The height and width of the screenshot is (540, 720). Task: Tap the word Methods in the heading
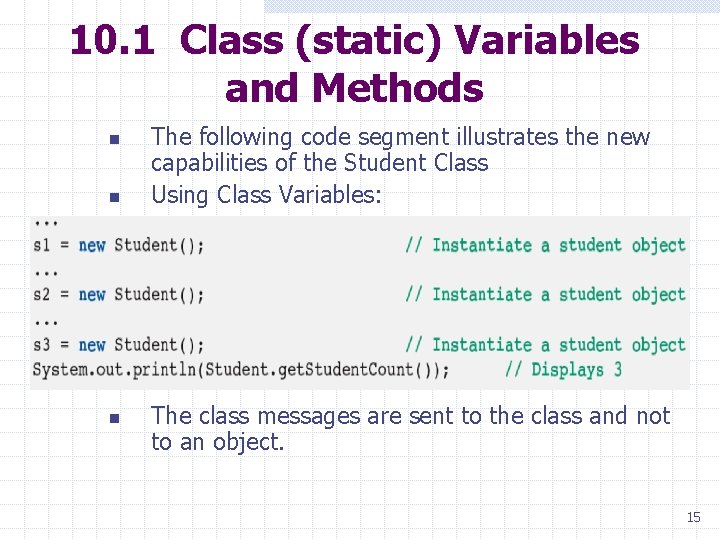pos(397,88)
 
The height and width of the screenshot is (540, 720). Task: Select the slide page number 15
pos(693,517)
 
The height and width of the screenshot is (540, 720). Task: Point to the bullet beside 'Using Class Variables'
pos(114,196)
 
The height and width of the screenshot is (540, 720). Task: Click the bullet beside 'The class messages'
pos(114,417)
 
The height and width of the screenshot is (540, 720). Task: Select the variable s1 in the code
pos(42,245)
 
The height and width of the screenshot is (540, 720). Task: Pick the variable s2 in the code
pos(42,295)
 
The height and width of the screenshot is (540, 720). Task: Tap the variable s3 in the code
pos(42,345)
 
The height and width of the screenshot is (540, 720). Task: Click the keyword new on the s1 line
pos(92,245)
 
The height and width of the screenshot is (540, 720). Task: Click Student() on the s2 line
pos(159,295)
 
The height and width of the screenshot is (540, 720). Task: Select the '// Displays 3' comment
pos(563,370)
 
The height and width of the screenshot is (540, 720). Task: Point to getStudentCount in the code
pos(335,370)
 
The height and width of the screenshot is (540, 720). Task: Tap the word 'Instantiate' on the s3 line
pos(482,345)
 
